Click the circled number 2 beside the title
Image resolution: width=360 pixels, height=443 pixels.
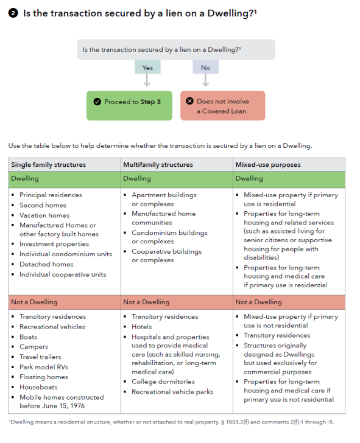pos(13,13)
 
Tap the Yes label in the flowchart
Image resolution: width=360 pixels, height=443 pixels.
pos(147,68)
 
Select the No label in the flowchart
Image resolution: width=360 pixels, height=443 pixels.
pos(205,68)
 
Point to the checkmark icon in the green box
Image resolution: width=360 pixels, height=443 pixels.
pos(97,102)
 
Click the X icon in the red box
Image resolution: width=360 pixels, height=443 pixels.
pos(189,102)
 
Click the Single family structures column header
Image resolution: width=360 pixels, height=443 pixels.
pos(48,164)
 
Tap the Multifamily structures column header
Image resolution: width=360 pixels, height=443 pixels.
pos(158,164)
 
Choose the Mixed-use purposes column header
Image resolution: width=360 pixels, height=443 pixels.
pos(269,164)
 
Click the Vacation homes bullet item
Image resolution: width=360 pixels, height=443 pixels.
pos(45,215)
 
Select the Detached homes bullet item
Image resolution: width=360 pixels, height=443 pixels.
pos(46,264)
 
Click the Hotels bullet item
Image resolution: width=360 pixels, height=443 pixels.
pos(143,327)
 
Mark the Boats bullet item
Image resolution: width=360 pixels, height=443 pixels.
pos(29,337)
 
